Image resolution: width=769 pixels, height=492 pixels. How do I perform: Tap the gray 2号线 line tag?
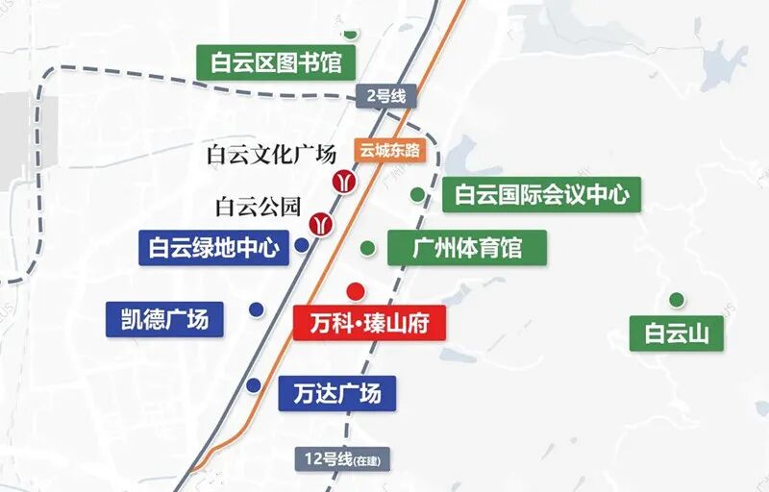pos(383,96)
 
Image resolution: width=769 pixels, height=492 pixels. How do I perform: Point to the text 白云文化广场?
pos(271,154)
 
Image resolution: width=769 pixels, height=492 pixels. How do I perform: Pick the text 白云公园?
pos(259,206)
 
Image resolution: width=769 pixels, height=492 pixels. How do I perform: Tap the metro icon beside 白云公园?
pos(320,225)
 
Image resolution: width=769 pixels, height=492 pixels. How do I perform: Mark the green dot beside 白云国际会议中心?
pos(417,194)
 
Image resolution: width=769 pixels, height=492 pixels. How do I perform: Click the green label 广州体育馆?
pos(467,248)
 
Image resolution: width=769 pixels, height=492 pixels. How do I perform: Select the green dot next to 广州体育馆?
pos(367,248)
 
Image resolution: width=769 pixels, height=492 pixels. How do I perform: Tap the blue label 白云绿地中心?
pos(213,248)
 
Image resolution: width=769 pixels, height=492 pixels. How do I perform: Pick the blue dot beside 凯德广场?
pos(256,308)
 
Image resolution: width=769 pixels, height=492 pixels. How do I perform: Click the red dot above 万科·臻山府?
pos(355,290)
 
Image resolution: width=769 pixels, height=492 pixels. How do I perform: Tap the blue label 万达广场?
pos(336,393)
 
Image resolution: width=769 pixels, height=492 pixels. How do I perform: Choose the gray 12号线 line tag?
pos(343,459)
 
